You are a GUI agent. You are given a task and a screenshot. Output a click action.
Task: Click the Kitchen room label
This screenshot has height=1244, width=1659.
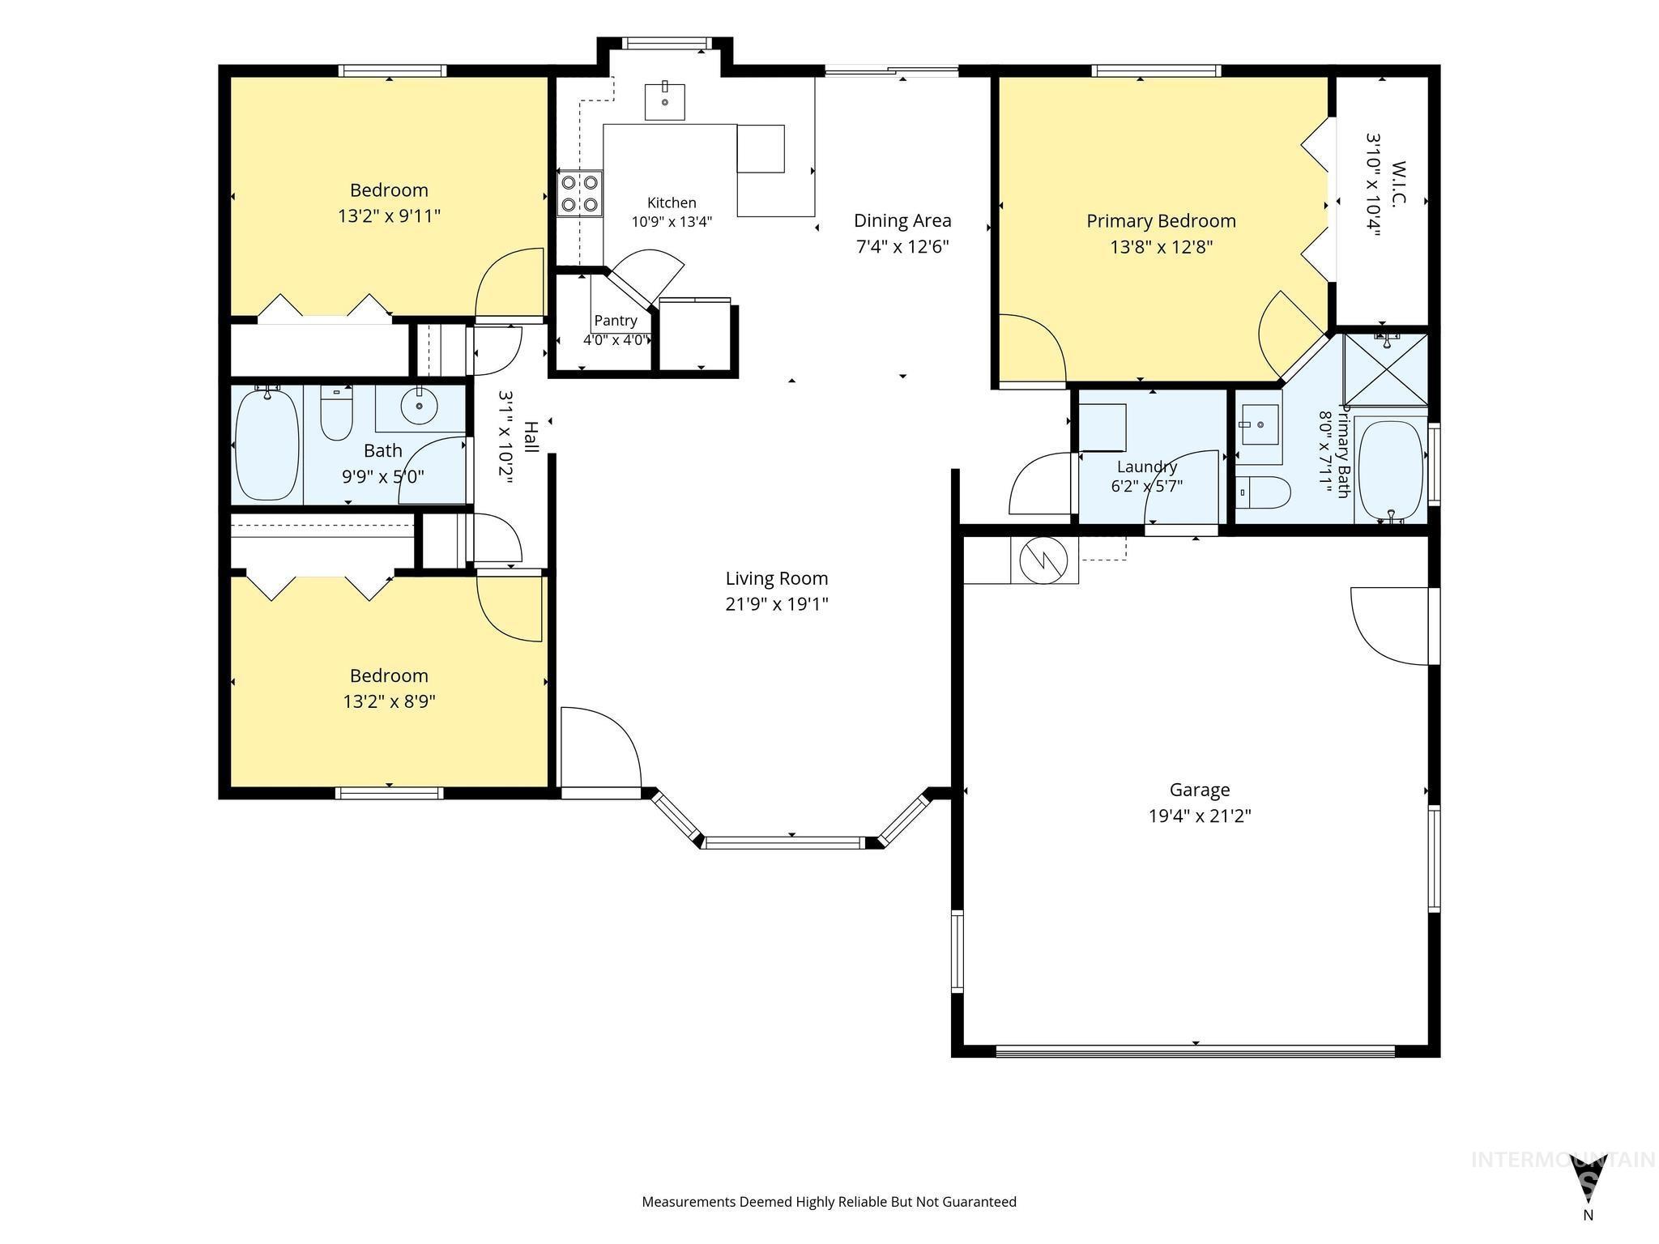click(672, 202)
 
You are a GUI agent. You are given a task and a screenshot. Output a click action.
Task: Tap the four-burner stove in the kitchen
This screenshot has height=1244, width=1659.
click(580, 194)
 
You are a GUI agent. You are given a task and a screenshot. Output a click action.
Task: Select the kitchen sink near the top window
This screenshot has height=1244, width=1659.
click(665, 100)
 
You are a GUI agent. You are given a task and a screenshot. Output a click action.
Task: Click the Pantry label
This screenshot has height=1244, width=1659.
click(616, 321)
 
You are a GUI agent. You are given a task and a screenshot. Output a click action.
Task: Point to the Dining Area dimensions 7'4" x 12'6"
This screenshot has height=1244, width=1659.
click(902, 246)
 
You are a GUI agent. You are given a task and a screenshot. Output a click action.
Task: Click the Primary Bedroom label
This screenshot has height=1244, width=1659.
click(1161, 221)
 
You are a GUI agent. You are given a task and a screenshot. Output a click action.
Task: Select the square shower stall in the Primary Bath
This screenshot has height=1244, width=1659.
click(1386, 370)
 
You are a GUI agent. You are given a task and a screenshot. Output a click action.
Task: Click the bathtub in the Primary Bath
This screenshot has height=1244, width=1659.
click(1390, 471)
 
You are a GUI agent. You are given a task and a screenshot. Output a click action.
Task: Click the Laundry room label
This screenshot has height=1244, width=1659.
click(1146, 466)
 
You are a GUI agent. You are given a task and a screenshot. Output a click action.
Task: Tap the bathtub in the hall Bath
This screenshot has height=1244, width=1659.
click(267, 445)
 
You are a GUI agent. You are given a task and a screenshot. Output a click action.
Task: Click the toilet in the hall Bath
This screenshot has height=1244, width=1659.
click(336, 412)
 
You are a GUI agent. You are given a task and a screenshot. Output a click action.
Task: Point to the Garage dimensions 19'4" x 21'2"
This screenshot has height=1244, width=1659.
click(1200, 816)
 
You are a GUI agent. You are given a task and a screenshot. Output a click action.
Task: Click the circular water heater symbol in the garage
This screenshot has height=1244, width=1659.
click(1045, 560)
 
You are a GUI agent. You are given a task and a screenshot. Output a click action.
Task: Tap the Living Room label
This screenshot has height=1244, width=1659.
click(777, 578)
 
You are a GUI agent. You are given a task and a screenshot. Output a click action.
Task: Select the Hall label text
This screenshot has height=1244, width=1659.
click(531, 437)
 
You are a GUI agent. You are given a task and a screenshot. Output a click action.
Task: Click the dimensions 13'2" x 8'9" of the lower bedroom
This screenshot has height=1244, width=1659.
click(390, 701)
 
